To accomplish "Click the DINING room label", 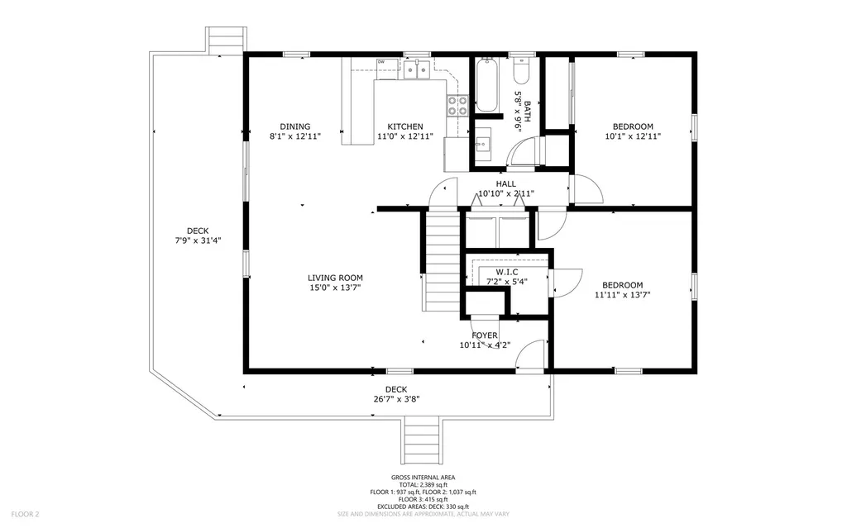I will click(x=294, y=126).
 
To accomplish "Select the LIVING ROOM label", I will click(x=335, y=278).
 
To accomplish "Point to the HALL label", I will click(x=505, y=184).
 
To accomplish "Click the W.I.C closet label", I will click(x=506, y=272).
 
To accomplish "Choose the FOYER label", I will click(x=485, y=335).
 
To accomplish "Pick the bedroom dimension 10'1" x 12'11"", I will click(x=633, y=136).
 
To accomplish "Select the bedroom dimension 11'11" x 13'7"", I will click(x=622, y=294).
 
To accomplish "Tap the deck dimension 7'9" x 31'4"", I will click(x=198, y=241).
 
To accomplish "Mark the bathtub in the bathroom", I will click(x=486, y=85).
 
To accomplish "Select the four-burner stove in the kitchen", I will click(x=457, y=105).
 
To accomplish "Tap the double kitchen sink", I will click(x=416, y=71).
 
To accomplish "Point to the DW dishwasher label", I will click(x=381, y=62).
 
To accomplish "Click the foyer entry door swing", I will click(x=529, y=355).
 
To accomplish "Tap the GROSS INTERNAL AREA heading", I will click(x=423, y=478).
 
